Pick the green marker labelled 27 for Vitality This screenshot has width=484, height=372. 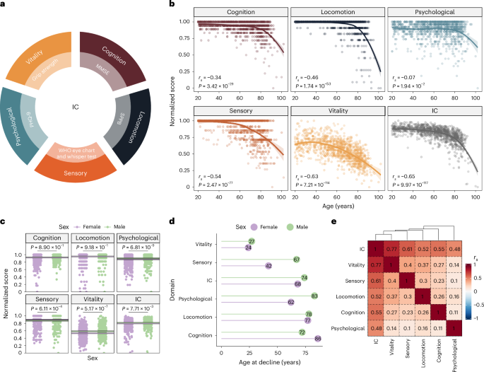point(251,242)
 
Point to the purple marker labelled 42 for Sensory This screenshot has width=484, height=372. point(268,266)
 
